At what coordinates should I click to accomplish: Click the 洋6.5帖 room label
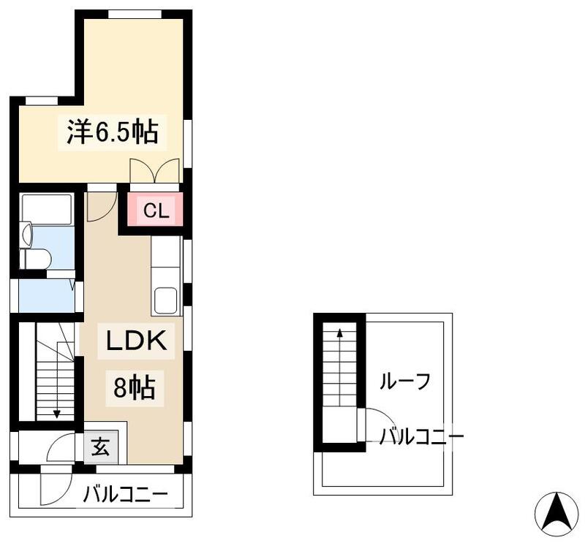113,132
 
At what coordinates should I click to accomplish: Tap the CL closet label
156,211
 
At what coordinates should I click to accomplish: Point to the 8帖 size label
134,387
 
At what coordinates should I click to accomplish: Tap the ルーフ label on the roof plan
404,380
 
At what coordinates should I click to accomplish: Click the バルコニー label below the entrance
125,495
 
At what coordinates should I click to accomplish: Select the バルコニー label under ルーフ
420,437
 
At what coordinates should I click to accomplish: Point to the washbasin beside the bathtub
27,234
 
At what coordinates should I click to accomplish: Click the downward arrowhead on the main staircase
56,414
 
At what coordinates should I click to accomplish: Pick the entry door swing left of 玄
61,447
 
